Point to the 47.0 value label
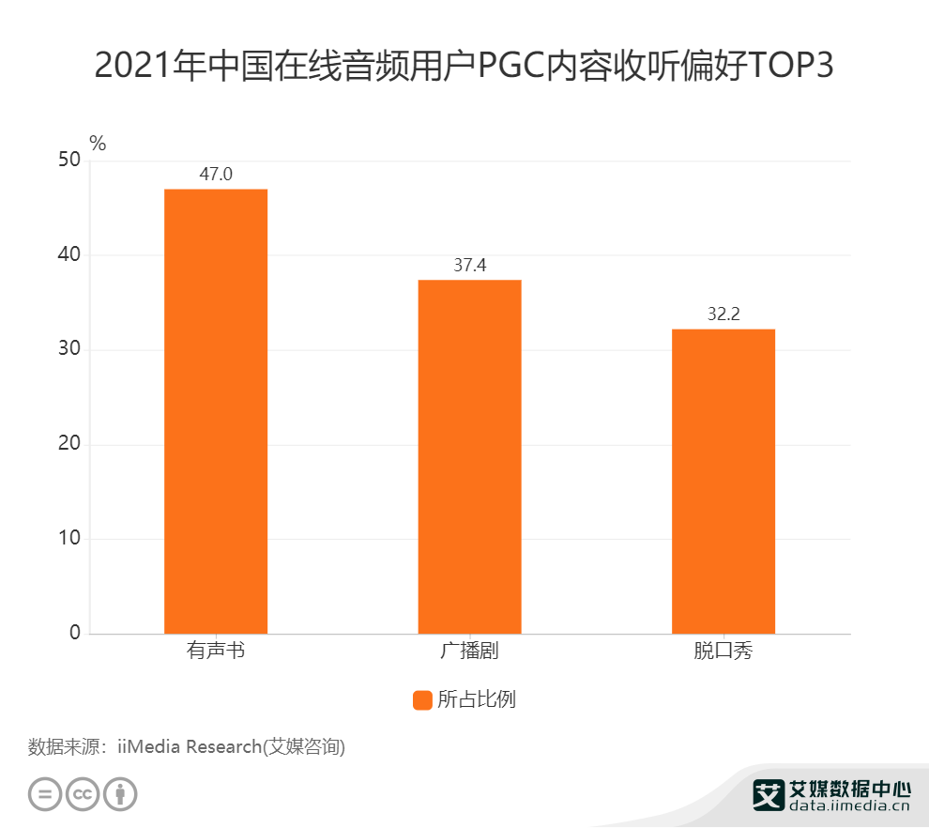tap(216, 174)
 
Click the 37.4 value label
tap(469, 265)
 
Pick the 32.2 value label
tap(723, 314)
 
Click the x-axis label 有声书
tap(216, 650)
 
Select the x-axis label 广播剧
tap(469, 650)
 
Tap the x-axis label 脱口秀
tap(723, 650)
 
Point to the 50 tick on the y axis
tap(69, 161)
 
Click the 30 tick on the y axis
tap(69, 350)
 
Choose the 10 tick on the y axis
tap(69, 539)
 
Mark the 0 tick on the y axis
tap(75, 634)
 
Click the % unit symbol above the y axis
tap(98, 144)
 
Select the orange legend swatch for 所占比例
tap(422, 700)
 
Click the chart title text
tap(464, 67)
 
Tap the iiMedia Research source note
tap(187, 747)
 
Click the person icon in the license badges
tap(120, 794)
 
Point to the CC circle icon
tap(83, 794)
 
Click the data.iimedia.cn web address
tap(849, 805)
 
